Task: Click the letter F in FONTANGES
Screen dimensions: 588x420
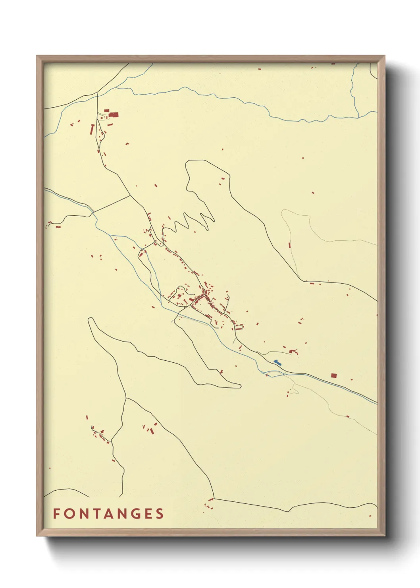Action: (x=56, y=514)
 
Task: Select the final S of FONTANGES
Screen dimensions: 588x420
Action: (x=160, y=514)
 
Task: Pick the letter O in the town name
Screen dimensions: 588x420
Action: (x=69, y=514)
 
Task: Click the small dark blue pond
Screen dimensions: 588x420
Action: (x=277, y=362)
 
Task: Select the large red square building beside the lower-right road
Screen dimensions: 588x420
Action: (x=333, y=375)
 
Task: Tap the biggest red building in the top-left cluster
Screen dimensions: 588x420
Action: (x=114, y=114)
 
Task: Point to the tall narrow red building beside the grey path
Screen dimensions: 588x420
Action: (x=289, y=245)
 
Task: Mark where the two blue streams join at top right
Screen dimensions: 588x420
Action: (x=358, y=117)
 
